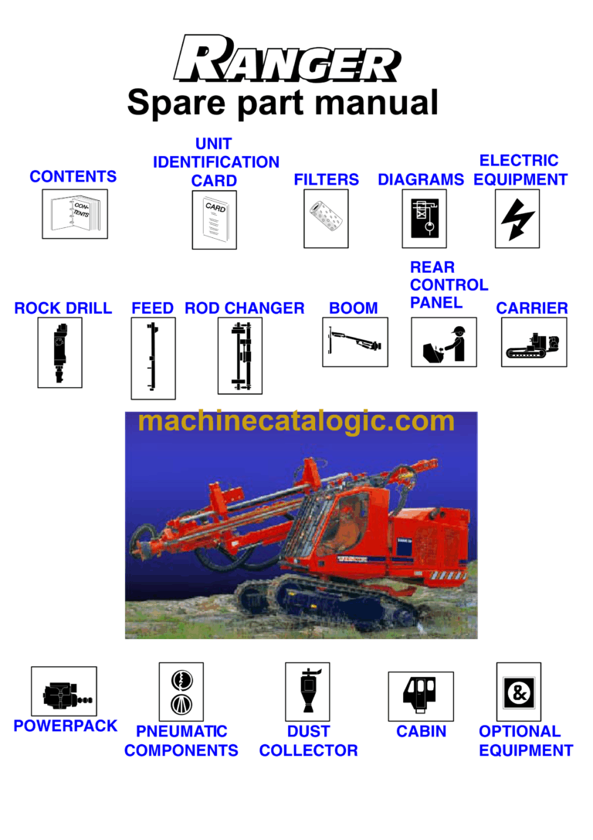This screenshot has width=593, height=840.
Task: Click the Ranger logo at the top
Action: [x=286, y=60]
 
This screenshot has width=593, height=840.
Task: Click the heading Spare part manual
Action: [x=283, y=103]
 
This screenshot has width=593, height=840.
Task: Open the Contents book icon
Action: [x=74, y=214]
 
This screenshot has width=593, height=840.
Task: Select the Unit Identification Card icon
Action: [x=214, y=219]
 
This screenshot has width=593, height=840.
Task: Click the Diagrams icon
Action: [x=424, y=219]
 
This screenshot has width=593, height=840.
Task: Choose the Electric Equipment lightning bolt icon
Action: [x=517, y=219]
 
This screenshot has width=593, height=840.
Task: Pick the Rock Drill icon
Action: [x=59, y=352]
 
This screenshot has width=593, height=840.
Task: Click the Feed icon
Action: [x=153, y=358]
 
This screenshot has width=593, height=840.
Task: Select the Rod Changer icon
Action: [x=239, y=355]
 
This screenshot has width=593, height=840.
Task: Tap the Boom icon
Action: [x=354, y=342]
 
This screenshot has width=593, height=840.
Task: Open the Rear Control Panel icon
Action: [x=443, y=342]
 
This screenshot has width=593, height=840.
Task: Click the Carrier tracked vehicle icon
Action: [x=534, y=342]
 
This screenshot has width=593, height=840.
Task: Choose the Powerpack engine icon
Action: [x=64, y=691]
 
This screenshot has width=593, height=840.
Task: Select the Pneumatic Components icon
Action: [x=181, y=691]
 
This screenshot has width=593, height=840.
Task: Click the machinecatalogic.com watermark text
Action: [x=296, y=422]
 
